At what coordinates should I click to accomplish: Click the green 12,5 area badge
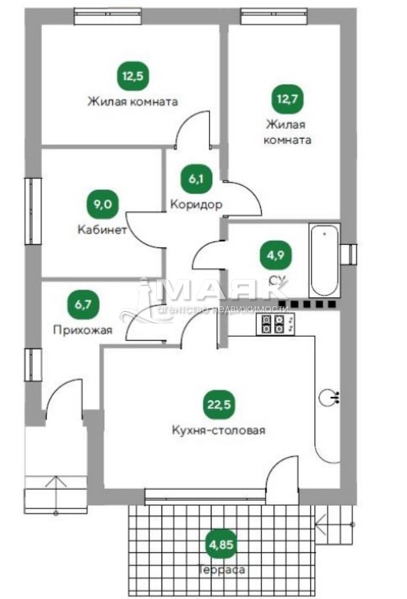tap(133, 75)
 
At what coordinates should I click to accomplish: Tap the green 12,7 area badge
tap(287, 99)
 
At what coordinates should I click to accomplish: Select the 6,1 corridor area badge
tap(196, 178)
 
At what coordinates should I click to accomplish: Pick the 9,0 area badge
tap(103, 204)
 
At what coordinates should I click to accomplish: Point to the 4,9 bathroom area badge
tap(276, 255)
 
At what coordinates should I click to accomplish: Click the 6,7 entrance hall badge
tap(83, 305)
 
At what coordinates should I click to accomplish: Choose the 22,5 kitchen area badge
tap(219, 404)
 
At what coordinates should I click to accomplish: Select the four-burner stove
tap(276, 325)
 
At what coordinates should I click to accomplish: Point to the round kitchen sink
tap(327, 398)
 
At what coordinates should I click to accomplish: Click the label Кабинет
tap(102, 229)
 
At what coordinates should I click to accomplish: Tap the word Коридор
tap(196, 204)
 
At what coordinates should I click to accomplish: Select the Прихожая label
tap(83, 330)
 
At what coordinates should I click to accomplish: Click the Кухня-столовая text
tap(219, 430)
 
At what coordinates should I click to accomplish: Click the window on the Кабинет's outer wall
tap(33, 211)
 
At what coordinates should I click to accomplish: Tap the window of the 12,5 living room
tap(108, 17)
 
